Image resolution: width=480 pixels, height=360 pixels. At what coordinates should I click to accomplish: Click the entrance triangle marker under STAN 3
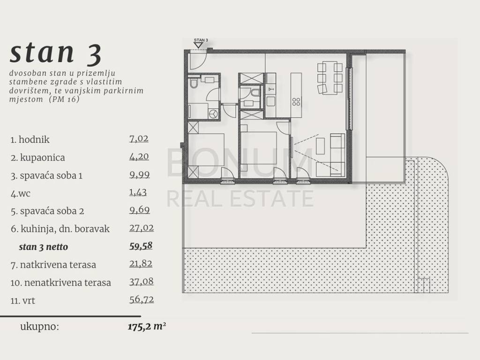(198, 45)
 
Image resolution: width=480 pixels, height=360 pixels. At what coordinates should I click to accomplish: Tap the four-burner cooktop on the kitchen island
(296, 102)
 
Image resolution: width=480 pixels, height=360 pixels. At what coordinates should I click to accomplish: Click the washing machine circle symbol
(213, 114)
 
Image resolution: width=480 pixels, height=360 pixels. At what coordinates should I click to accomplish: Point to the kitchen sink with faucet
(270, 89)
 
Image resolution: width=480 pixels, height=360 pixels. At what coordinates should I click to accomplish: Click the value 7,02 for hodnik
(139, 139)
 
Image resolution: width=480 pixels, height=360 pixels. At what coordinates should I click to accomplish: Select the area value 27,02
(141, 228)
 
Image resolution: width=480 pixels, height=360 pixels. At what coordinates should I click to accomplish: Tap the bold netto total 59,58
(141, 246)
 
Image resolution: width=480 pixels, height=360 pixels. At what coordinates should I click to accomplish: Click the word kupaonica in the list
(43, 157)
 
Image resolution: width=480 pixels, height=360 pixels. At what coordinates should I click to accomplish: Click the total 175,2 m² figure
(147, 326)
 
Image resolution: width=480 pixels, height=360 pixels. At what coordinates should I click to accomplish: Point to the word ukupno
(39, 327)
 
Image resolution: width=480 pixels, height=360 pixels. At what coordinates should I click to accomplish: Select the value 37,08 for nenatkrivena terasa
(141, 282)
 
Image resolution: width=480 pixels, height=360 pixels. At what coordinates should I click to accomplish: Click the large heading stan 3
(55, 53)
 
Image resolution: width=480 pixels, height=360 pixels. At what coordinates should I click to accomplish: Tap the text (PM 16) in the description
(64, 99)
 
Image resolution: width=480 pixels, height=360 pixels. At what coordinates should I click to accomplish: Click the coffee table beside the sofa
(320, 146)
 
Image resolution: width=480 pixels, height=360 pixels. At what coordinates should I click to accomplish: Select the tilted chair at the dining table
(322, 89)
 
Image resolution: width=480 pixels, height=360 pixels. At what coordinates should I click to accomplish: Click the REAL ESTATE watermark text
(240, 198)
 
